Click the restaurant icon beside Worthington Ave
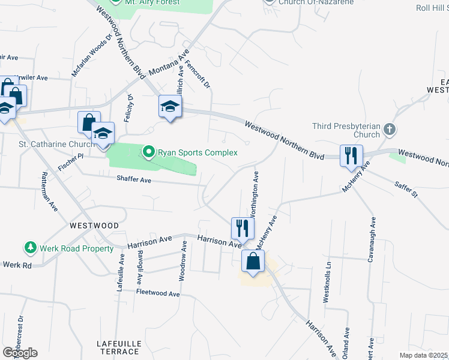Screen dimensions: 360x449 (243, 228)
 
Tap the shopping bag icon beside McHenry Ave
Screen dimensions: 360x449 (253, 261)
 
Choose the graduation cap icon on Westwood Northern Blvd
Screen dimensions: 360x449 (170, 107)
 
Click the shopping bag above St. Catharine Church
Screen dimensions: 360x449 (88, 122)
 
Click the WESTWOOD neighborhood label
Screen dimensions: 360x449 (94, 226)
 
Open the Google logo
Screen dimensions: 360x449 (20, 352)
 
